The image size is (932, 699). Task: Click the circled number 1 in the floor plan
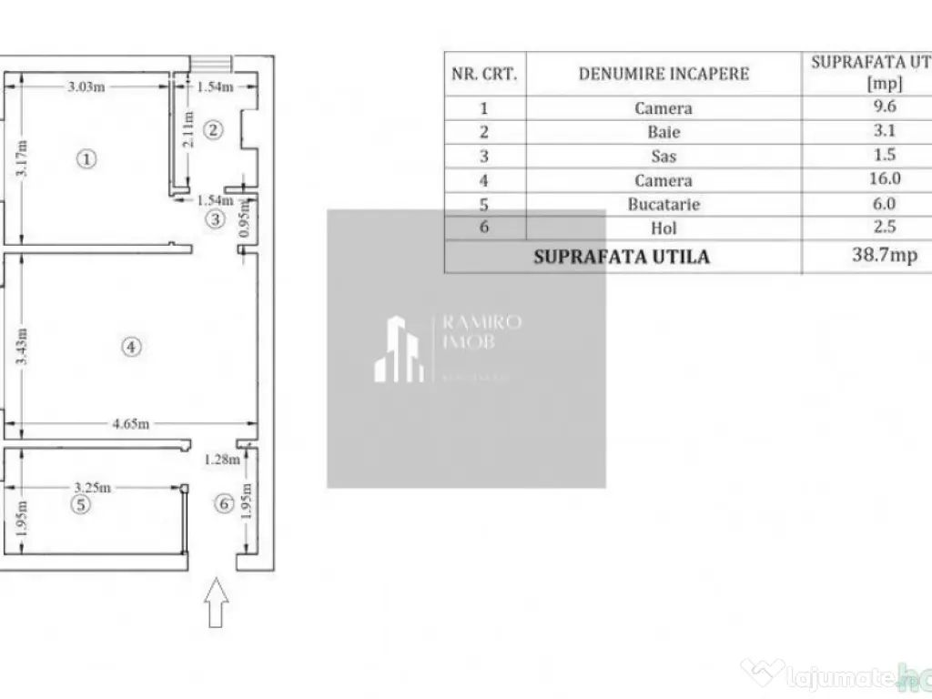(86, 159)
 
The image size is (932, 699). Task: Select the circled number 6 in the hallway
(224, 503)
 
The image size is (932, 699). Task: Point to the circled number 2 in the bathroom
(212, 129)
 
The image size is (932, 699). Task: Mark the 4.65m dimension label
(131, 423)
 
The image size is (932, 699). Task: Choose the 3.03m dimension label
(86, 87)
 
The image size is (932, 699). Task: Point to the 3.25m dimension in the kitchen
(93, 487)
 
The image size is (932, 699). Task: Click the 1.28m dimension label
(222, 459)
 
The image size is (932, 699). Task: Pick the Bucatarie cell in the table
(664, 205)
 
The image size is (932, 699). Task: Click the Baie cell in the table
(664, 132)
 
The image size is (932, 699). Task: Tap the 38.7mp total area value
(884, 256)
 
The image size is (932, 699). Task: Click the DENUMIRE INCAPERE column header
(664, 74)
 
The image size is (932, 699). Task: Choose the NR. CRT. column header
(484, 74)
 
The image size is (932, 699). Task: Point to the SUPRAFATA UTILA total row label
(622, 257)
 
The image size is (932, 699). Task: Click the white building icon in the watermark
(400, 349)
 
